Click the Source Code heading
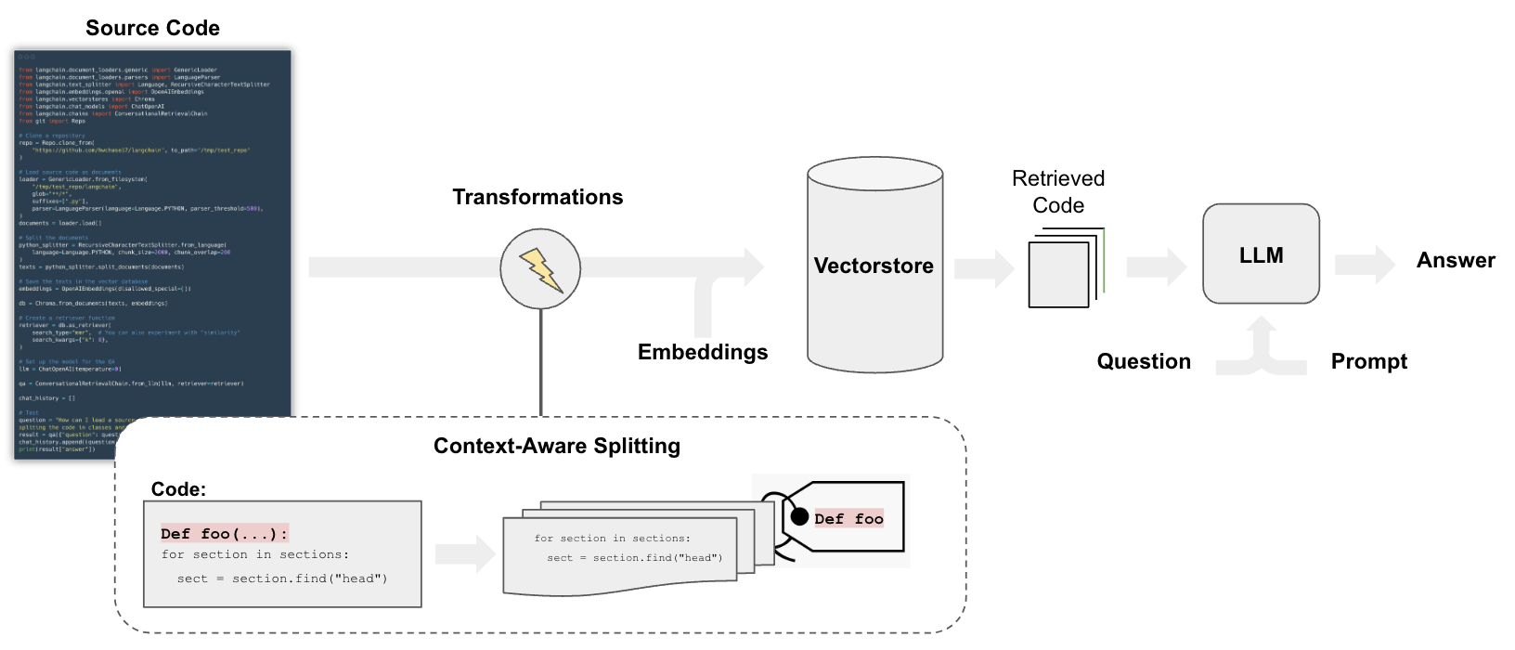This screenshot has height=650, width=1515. coord(152,28)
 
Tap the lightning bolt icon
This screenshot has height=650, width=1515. coord(540,269)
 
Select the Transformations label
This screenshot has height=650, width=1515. coord(537,197)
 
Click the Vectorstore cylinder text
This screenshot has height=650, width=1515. coord(874,266)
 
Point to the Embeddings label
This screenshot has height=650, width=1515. coord(703,352)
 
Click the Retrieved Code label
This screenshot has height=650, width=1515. coord(1058,191)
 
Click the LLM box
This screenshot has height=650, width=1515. coord(1261,254)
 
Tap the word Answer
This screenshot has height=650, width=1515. coord(1456,261)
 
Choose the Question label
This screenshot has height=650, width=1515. coord(1144,361)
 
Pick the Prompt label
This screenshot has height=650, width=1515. coord(1368,361)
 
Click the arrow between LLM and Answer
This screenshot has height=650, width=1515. coord(1365,266)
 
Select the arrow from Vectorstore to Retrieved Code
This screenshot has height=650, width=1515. coord(985,268)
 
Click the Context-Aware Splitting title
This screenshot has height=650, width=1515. coord(557,446)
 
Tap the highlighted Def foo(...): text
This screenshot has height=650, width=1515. coord(224,533)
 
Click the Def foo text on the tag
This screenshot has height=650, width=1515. coord(848,519)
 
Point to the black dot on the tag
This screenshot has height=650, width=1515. coord(799,516)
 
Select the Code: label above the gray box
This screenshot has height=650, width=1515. coord(178,489)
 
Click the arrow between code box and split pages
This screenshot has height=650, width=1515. coord(465,554)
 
